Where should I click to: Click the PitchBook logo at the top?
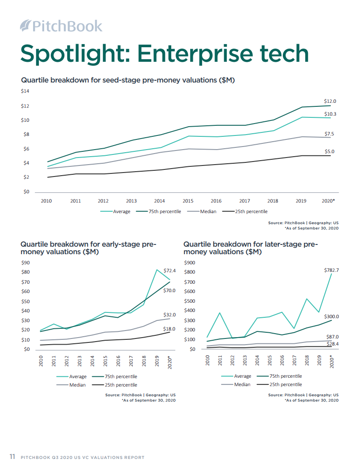61,26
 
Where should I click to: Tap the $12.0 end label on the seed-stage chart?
330,101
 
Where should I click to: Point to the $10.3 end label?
330,114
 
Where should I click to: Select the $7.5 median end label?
330,134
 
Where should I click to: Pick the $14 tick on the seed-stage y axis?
25,91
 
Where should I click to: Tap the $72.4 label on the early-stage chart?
169,270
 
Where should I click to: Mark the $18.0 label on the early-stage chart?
169,329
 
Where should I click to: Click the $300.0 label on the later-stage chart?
331,316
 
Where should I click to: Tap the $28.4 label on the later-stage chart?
331,343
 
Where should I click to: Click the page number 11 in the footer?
13,457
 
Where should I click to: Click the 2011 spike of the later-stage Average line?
219,313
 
